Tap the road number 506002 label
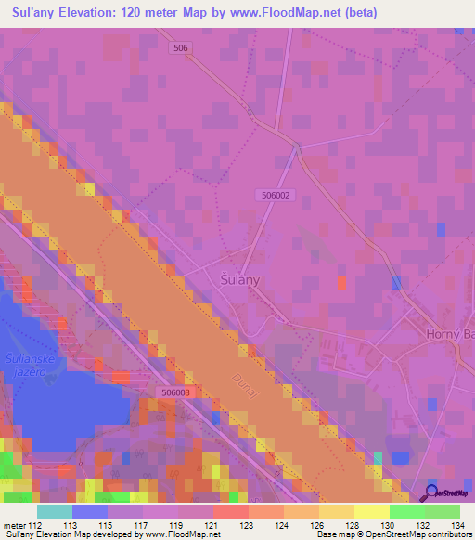278,195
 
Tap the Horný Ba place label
450,334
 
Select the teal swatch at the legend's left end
54,511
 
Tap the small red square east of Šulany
341,284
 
